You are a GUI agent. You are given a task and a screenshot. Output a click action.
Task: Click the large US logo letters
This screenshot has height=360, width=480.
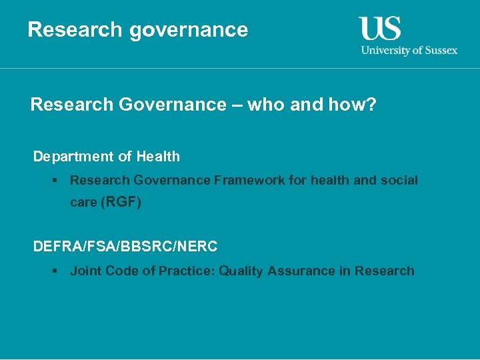pos(380,29)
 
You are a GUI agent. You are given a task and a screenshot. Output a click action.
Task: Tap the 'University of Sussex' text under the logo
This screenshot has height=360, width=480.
pos(409,50)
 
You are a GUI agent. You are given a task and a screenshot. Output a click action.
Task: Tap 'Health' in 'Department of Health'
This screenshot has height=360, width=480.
pos(158,157)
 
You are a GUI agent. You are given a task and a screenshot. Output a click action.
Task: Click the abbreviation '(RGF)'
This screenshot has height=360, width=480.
pos(121,202)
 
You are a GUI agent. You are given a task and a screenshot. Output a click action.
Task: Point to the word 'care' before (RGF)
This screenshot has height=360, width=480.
pos(83,203)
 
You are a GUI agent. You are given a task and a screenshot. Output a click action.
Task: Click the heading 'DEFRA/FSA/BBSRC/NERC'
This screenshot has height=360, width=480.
pos(125,247)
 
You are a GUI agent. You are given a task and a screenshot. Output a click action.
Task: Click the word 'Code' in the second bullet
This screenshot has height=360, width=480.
pos(123,271)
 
